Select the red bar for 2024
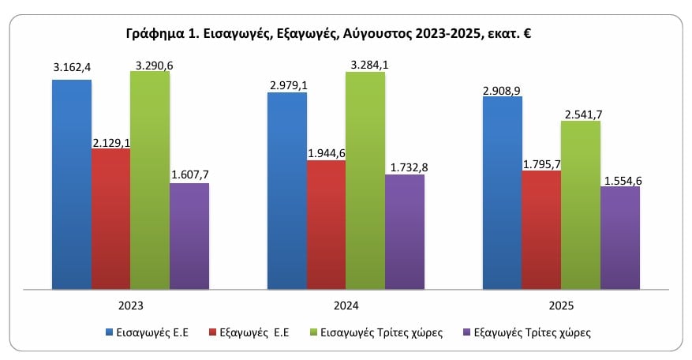tap(326, 224)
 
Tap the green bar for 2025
tap(581, 204)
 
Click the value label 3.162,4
tap(70, 68)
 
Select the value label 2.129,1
tap(110, 141)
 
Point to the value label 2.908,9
tap(502, 92)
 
